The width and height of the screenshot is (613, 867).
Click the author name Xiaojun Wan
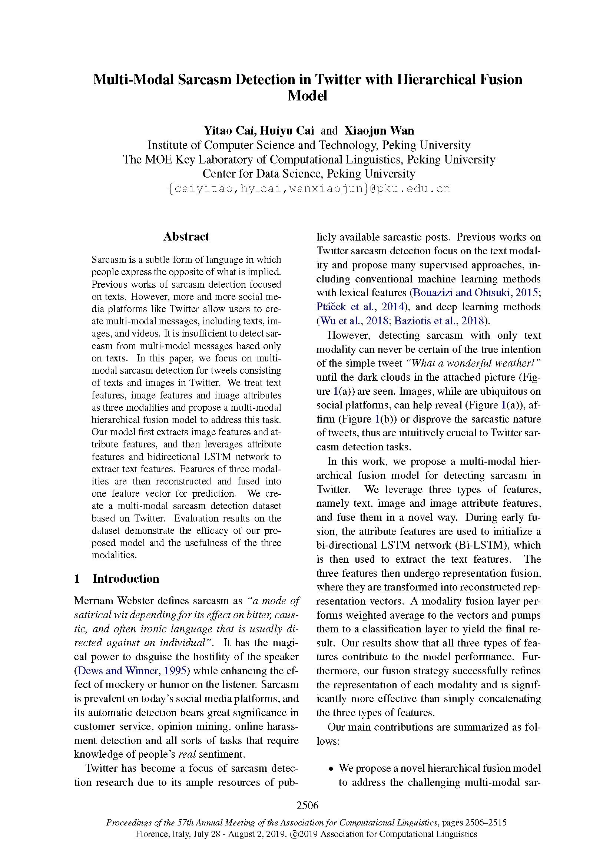[x=379, y=130]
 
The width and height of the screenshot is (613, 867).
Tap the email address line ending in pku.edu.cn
[x=308, y=188]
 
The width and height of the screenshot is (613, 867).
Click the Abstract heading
[x=186, y=237]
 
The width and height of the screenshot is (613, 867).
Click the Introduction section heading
[x=126, y=579]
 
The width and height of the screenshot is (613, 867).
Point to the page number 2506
[x=307, y=805]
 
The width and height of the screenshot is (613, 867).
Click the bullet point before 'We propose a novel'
[x=331, y=769]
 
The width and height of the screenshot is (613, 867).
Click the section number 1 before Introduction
[x=77, y=579]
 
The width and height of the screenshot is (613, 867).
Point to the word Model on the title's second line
[x=307, y=96]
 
